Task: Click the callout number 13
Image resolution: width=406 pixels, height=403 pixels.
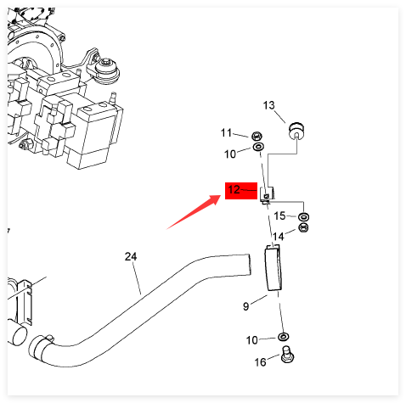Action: (x=268, y=105)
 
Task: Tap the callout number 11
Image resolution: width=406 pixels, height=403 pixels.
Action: (x=226, y=132)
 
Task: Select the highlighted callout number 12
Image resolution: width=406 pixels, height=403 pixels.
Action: (x=234, y=189)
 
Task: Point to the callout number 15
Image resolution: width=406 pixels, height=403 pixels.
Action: (x=279, y=215)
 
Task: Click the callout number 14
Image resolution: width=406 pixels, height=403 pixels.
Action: (x=278, y=236)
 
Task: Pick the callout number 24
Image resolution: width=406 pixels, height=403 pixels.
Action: (x=131, y=257)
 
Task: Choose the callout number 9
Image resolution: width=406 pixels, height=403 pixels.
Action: (x=246, y=306)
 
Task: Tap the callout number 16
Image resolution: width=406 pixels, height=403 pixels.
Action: (x=260, y=362)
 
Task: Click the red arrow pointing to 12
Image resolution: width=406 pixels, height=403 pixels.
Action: (x=194, y=212)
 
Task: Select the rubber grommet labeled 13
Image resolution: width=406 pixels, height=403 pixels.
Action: (x=296, y=132)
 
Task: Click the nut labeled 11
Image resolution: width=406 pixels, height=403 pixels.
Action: (x=257, y=137)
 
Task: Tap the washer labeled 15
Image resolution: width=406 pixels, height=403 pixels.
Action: (x=303, y=217)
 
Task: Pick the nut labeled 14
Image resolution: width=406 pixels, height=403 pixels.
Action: (x=303, y=227)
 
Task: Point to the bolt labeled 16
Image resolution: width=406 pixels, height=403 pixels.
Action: (x=287, y=355)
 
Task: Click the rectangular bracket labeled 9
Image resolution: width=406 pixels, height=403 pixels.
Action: (x=273, y=267)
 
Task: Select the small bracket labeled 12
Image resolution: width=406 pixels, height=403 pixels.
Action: (x=268, y=195)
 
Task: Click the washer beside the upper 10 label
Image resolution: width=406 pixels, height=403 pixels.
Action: (x=258, y=147)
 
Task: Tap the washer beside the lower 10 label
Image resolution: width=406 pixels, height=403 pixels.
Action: (x=284, y=337)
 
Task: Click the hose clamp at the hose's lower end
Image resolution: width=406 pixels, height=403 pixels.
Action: (x=40, y=347)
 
